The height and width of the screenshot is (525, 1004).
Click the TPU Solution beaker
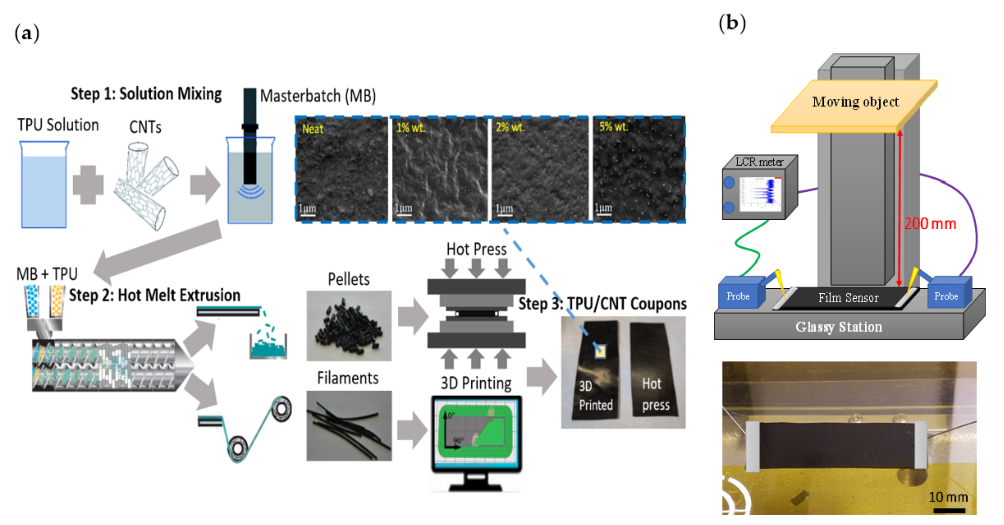coord(44,185)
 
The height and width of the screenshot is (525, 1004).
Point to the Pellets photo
coord(349,326)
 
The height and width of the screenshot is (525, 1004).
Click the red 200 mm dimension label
coord(930,224)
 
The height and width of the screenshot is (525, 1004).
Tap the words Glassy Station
coord(839,327)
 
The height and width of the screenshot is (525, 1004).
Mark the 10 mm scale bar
coord(949,510)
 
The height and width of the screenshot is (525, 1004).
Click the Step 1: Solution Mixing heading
coord(146,94)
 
